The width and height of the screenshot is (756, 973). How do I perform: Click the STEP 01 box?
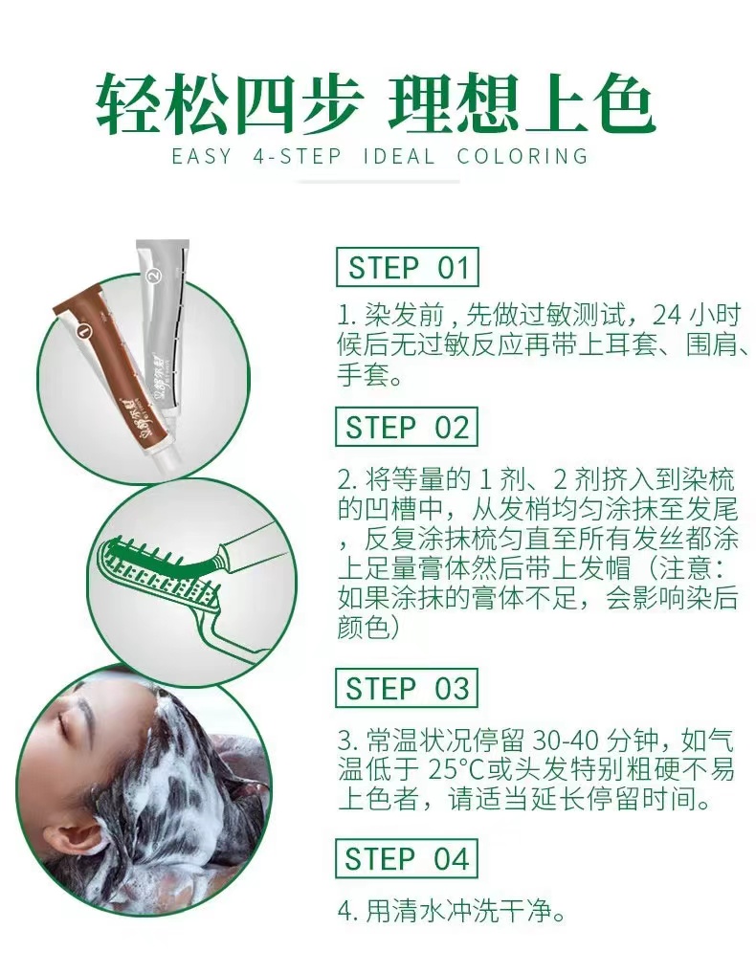[407, 268]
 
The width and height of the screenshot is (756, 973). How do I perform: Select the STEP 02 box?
[407, 427]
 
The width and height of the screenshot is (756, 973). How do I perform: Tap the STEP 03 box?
[407, 688]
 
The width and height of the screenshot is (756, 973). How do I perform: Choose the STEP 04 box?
[407, 859]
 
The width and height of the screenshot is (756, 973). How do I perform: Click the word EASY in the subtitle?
[201, 156]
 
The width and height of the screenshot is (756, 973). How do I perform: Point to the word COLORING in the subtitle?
[523, 156]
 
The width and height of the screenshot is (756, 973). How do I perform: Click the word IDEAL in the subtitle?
[399, 156]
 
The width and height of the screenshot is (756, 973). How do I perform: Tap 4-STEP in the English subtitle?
[298, 156]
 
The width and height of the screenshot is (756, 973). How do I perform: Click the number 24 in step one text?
[667, 316]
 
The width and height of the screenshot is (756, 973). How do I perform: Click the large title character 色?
[622, 102]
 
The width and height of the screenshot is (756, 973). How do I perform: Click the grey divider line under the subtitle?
[378, 182]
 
